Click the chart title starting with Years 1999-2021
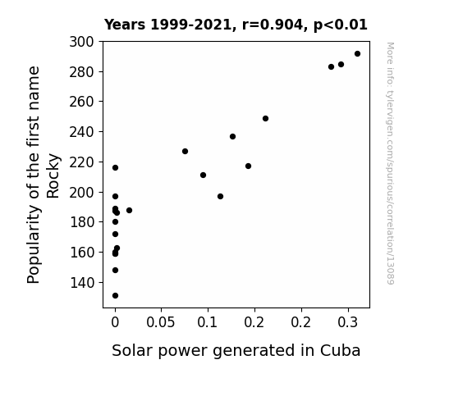[x=236, y=25]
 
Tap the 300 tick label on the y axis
[x=81, y=42]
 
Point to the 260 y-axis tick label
[x=81, y=102]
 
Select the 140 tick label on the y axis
[x=82, y=283]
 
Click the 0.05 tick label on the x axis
[x=160, y=322]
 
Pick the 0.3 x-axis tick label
[x=348, y=322]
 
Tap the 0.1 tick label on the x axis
[x=207, y=322]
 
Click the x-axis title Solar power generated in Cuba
[x=236, y=351]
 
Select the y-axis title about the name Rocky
[x=44, y=175]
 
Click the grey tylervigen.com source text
[x=390, y=163]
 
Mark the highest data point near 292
[x=357, y=54]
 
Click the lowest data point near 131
[x=115, y=296]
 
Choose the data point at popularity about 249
[x=265, y=119]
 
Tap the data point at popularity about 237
[x=232, y=137]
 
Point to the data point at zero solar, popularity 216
[x=115, y=167]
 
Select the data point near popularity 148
[x=115, y=270]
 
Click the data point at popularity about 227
[x=186, y=152]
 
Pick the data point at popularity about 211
[x=204, y=175]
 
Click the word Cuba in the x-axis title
[x=340, y=350]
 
